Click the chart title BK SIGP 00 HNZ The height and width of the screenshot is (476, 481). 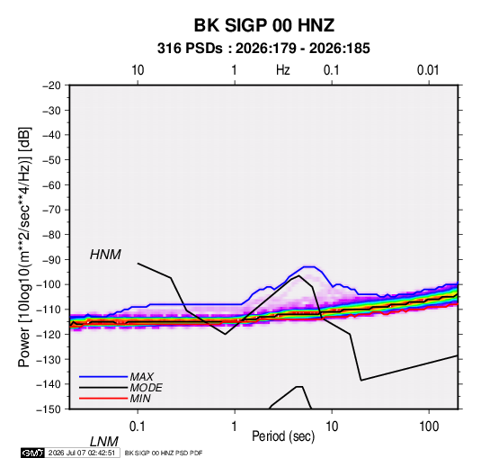pyautogui.click(x=263, y=25)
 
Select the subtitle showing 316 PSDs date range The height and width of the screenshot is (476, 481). pyautogui.click(x=263, y=49)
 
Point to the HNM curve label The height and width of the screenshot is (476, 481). pyautogui.click(x=105, y=255)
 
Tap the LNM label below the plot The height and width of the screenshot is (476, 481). pyautogui.click(x=103, y=442)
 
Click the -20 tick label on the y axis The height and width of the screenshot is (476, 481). pyautogui.click(x=51, y=85)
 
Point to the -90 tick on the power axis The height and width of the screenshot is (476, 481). pyautogui.click(x=51, y=260)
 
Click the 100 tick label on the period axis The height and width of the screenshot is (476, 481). pyautogui.click(x=429, y=427)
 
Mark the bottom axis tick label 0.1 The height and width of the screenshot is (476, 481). pyautogui.click(x=138, y=427)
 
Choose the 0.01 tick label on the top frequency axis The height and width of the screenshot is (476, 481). pyautogui.click(x=428, y=70)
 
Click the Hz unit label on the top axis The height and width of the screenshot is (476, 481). pyautogui.click(x=283, y=70)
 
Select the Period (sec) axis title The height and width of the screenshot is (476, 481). pyautogui.click(x=283, y=436)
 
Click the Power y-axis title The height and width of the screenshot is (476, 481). pyautogui.click(x=24, y=247)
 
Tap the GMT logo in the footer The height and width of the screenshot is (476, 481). pyautogui.click(x=32, y=453)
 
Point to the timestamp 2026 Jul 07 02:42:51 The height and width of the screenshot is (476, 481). pyautogui.click(x=82, y=453)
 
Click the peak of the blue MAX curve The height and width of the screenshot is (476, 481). pyautogui.click(x=308, y=267)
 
